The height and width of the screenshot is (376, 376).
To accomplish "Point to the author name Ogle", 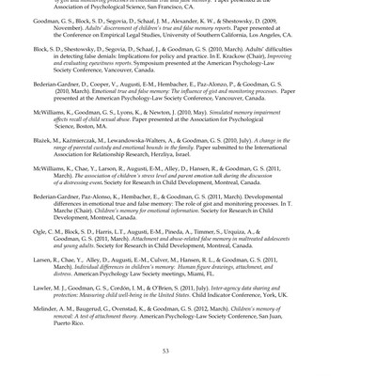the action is click(x=42, y=231).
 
